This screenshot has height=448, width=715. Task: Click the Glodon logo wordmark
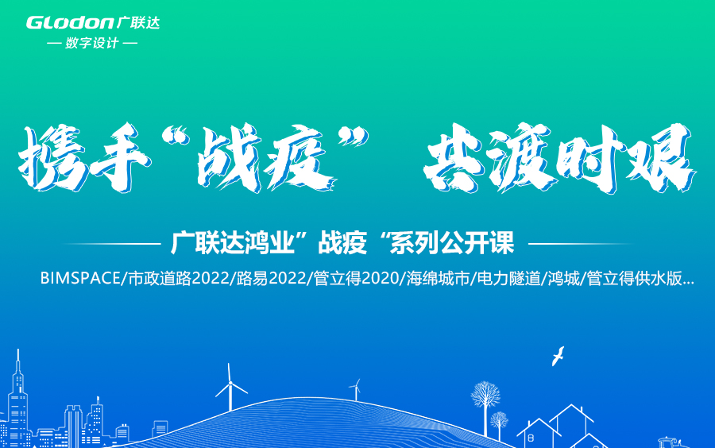click(70, 22)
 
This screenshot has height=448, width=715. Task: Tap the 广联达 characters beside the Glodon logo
click(138, 22)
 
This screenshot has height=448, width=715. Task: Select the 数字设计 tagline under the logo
click(92, 43)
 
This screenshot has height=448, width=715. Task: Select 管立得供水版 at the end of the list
click(636, 279)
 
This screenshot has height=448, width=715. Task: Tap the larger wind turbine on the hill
click(230, 388)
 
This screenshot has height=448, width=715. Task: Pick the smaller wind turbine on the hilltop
click(355, 389)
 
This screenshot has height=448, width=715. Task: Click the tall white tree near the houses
click(484, 399)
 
